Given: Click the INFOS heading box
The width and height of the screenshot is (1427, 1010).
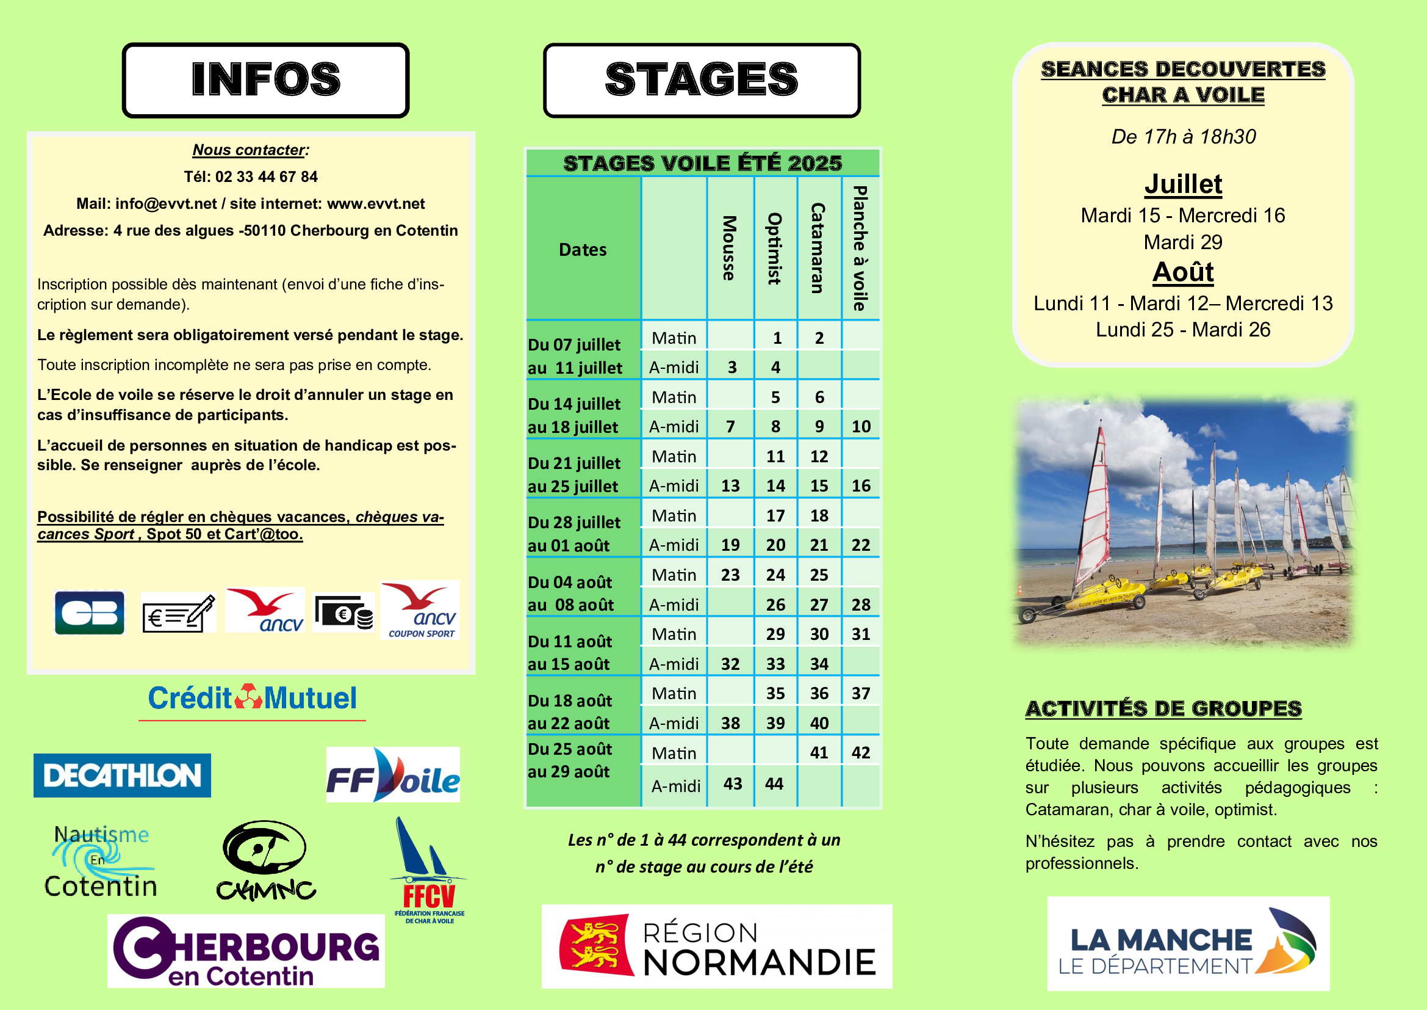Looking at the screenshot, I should tap(265, 79).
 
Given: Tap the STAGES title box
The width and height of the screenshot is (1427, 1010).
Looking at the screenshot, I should tap(701, 79).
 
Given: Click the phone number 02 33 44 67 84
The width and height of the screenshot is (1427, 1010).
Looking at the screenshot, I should tap(266, 176).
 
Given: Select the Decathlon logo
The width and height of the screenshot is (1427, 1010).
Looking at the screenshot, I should tap(122, 775).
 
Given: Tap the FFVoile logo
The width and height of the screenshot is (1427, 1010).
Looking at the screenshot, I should tap(393, 775).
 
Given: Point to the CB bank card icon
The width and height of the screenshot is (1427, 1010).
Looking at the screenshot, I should tap(90, 612).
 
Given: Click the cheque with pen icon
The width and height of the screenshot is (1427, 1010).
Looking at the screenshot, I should tap(178, 612).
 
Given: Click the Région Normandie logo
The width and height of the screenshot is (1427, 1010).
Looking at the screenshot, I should tap(716, 946).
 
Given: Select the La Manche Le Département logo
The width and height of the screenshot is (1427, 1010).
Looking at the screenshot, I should tap(1188, 943).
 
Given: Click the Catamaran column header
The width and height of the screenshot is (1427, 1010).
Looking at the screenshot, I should tap(819, 248).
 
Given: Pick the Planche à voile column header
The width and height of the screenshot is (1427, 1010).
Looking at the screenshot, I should tap(860, 248).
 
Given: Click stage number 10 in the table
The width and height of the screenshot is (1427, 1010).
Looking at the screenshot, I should tap(861, 427).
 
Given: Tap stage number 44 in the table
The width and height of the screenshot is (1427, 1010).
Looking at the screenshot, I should tap(774, 783).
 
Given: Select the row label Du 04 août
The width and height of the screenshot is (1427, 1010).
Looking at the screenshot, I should tap(570, 582).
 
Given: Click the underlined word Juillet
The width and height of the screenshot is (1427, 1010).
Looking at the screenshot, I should tap(1183, 184).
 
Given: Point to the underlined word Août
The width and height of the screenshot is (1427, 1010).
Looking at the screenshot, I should tap(1183, 272).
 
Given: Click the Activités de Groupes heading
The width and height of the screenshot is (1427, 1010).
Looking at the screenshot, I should tap(1163, 708).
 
